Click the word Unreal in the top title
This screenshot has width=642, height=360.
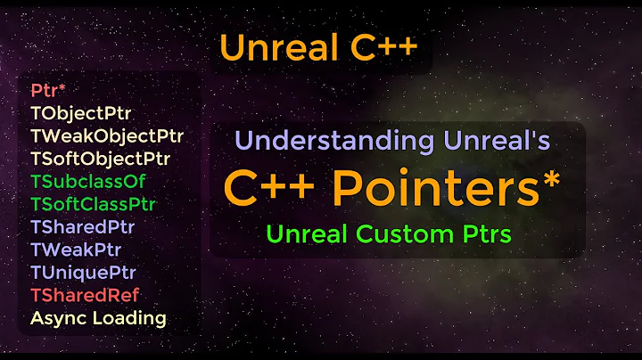(x=271, y=46)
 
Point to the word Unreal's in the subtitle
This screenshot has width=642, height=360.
(x=496, y=141)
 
